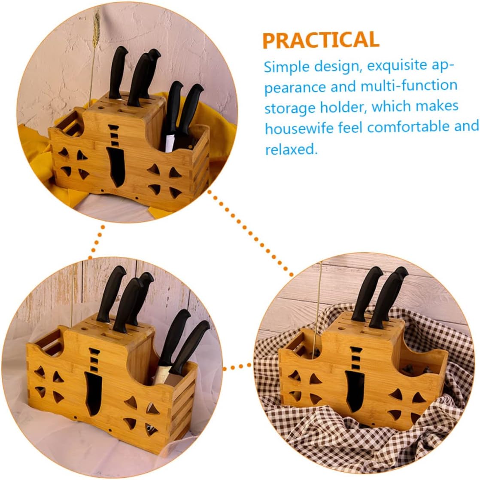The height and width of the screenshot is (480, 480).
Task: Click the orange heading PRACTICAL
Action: pos(321,40)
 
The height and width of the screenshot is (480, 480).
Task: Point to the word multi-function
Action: pos(409,86)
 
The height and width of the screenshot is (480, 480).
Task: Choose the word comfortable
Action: pos(404,127)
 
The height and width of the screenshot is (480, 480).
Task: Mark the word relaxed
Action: pos(290,149)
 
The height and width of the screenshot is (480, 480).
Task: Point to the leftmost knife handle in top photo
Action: pos(117,71)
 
